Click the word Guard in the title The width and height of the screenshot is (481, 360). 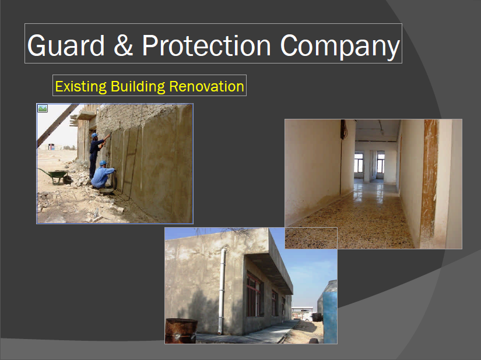66,45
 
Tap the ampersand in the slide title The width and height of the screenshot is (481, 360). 124,45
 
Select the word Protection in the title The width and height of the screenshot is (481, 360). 206,45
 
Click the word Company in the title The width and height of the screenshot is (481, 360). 340,46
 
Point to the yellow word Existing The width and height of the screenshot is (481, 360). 80,87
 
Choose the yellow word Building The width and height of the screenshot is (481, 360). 138,87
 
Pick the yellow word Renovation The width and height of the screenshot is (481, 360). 206,86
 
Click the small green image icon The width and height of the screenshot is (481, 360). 43,108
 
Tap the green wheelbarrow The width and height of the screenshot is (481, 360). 56,176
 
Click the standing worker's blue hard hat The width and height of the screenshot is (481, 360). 94,135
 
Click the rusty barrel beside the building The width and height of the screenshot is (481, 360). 181,331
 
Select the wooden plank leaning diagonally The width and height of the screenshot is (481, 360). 58,125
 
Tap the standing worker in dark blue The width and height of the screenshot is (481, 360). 97,156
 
